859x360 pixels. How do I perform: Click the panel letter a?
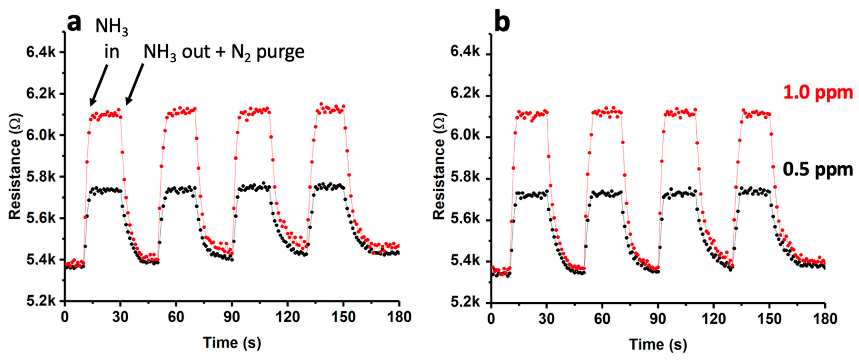pyautogui.click(x=74, y=23)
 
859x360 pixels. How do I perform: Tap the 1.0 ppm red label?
pyautogui.click(x=818, y=92)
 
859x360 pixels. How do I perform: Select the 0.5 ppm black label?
pyautogui.click(x=818, y=169)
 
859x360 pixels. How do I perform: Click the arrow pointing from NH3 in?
pyautogui.click(x=99, y=85)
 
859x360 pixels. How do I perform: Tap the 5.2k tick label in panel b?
pyautogui.click(x=465, y=302)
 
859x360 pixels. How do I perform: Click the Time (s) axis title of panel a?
pyautogui.click(x=232, y=343)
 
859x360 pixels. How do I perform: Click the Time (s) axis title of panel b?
pyautogui.click(x=658, y=344)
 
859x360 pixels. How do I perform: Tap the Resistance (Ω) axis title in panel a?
pyautogui.click(x=15, y=167)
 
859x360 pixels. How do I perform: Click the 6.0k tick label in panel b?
pyautogui.click(x=465, y=136)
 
